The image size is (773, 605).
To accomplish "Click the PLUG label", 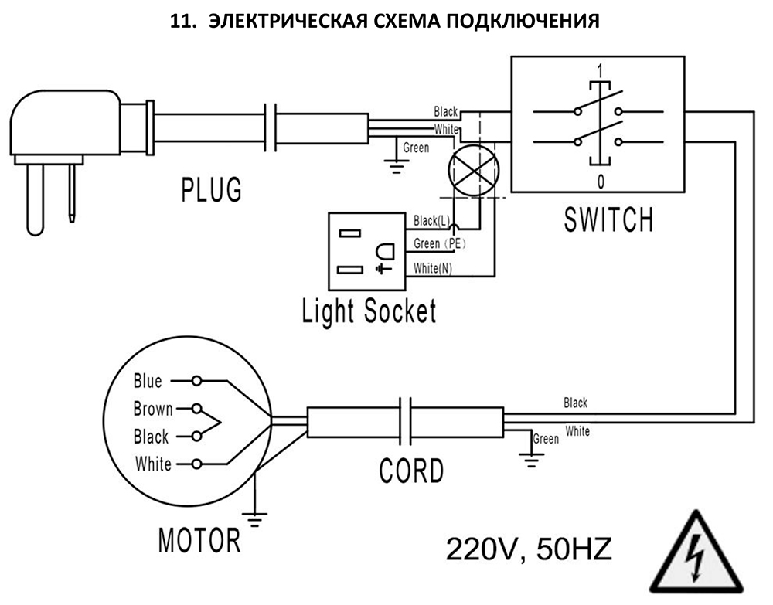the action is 212,189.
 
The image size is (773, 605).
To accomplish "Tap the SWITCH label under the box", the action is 609,219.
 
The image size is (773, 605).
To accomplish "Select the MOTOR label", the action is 199,540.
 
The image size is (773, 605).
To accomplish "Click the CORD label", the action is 412,471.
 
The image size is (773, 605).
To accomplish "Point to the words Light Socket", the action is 369,311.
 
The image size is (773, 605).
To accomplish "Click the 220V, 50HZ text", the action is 529,549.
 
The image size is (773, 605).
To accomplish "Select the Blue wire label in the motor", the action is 148,381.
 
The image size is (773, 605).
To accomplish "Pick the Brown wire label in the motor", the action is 153,409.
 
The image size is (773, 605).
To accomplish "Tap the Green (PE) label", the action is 440,243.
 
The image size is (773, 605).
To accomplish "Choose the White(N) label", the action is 432,268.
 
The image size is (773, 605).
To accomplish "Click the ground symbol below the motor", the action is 255,519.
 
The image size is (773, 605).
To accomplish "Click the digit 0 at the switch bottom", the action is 601,182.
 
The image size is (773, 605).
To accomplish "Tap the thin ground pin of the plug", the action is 72,194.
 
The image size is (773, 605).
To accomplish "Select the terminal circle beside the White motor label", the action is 196,464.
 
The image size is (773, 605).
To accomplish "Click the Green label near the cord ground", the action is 547,438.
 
